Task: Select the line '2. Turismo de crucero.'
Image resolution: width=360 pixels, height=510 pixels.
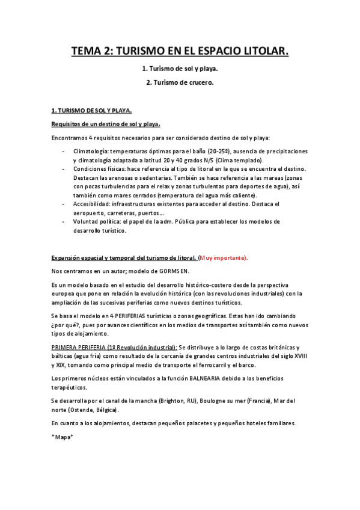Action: tap(180, 82)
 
